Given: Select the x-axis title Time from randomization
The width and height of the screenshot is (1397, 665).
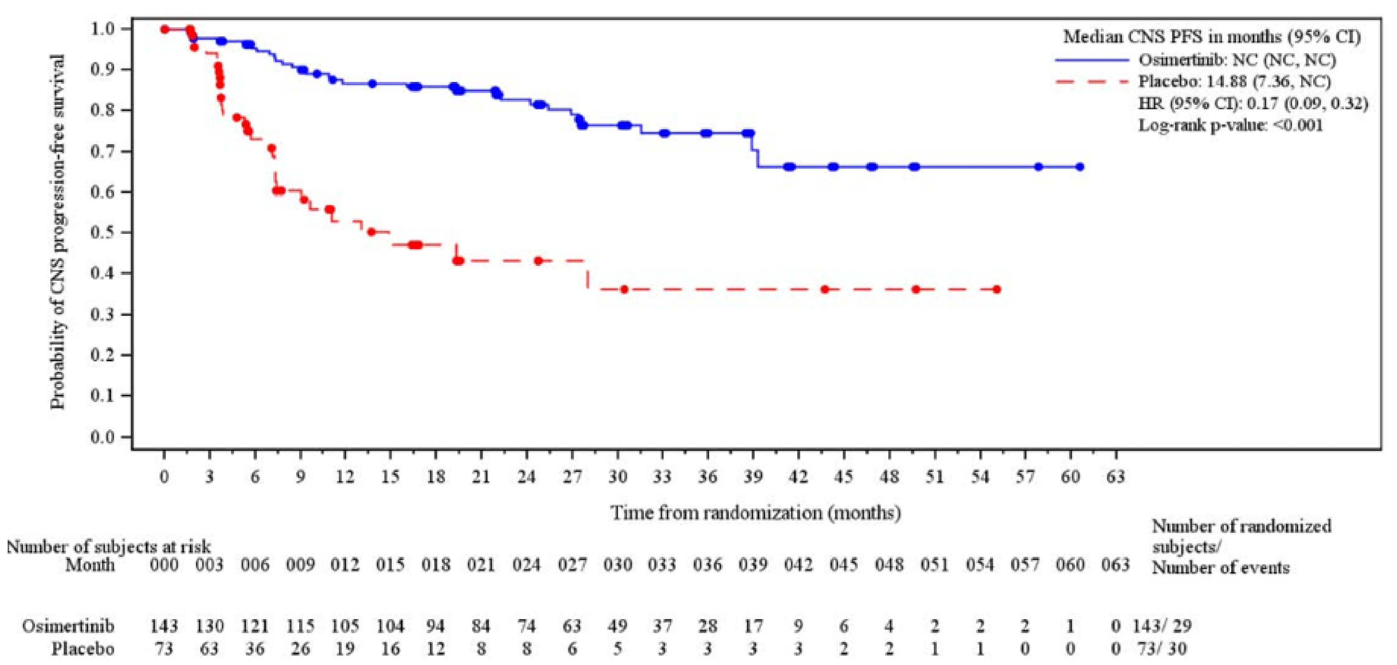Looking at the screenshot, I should (756, 512).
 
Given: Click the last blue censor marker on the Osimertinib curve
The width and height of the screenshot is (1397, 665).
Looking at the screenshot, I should (1079, 167).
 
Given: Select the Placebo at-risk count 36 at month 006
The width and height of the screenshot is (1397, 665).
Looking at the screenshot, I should (254, 649).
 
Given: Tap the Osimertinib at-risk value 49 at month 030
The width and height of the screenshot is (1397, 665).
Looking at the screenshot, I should (617, 627).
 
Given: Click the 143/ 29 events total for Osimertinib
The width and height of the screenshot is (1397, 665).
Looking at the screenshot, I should (1162, 627).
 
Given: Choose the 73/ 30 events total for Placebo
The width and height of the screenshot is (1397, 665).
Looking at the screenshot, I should (1162, 649).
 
